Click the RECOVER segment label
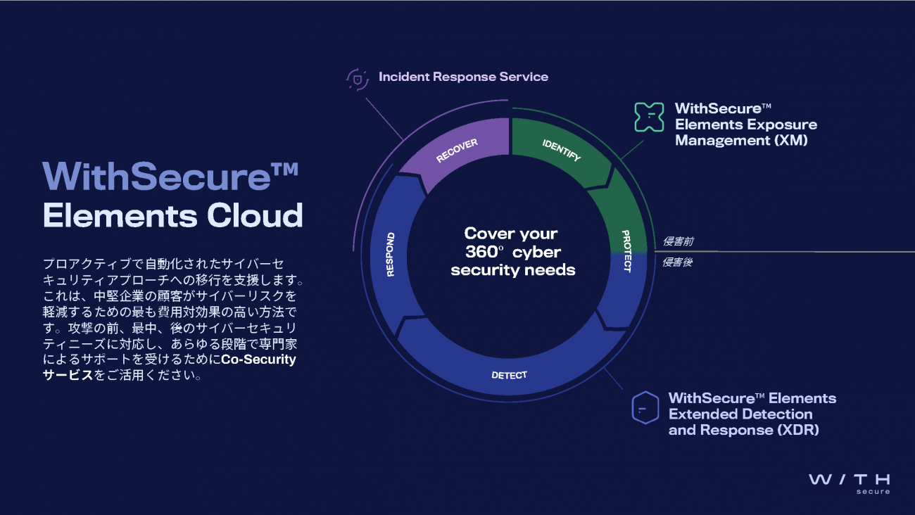pos(457,151)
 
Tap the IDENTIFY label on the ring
pos(561,150)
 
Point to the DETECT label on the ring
pos(509,375)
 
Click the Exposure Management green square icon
pos(649,117)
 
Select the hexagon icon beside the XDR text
pos(645,407)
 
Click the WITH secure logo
pos(850,483)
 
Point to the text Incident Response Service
pos(463,77)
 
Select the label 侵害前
pos(679,241)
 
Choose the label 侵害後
pos(679,262)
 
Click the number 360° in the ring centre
pos(483,252)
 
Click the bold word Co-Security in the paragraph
pos(258,360)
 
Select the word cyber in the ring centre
pos(536,252)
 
